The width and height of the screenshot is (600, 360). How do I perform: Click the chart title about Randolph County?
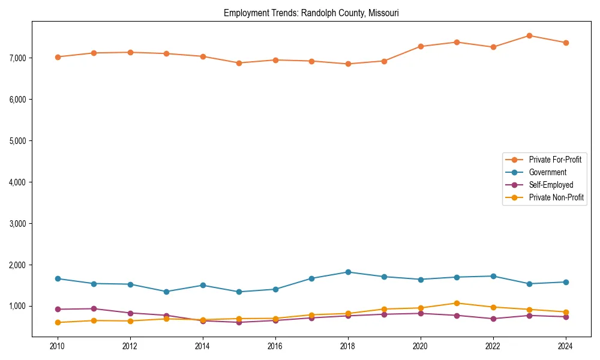coord(311,13)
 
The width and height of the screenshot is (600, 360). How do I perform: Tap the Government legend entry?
coord(547,172)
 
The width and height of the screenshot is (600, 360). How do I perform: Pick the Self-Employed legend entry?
coord(551,185)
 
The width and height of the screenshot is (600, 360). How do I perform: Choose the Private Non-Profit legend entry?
coord(556,197)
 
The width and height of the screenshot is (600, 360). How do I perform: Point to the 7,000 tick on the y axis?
coord(17,58)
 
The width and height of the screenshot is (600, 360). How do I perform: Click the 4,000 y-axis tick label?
coord(17,182)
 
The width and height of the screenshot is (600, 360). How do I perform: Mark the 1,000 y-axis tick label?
coord(17,307)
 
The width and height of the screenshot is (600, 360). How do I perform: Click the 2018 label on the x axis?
coord(347,346)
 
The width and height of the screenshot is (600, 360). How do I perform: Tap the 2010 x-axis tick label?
coord(58,346)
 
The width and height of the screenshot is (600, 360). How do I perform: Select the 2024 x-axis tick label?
coord(565,346)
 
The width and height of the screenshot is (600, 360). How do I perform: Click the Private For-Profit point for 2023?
coord(529,35)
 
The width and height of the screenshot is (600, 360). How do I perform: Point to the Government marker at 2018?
coord(347,272)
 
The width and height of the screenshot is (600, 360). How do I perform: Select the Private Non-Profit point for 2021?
coord(457,303)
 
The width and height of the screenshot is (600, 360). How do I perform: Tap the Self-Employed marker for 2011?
coord(94,309)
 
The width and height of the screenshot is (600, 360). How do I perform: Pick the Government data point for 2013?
coord(166,292)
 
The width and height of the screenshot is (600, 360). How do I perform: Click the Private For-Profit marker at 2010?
coord(58,57)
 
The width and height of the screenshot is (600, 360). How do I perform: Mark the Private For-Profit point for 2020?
coord(420,46)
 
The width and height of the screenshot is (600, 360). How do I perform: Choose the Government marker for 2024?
coord(565,282)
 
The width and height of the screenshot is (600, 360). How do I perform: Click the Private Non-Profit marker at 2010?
coord(58,322)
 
